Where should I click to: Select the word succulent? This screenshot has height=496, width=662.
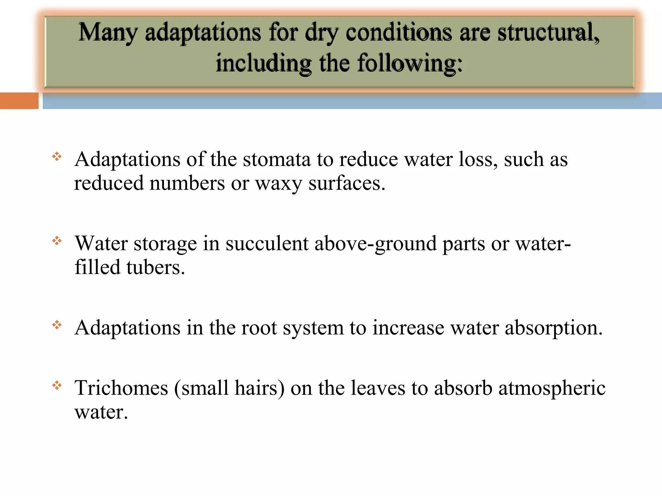tap(267, 243)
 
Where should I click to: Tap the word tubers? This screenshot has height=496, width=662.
tap(155, 268)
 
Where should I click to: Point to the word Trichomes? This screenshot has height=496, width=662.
tap(122, 388)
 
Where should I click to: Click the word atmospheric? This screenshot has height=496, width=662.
tap(552, 388)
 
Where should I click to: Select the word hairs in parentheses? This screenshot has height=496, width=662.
tap(260, 388)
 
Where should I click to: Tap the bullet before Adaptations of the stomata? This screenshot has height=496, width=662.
tap(57, 157)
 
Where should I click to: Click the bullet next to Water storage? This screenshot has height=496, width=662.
tap(57, 241)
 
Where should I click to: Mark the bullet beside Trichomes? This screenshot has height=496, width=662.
tap(57, 385)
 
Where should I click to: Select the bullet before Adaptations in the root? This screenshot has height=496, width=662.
tap(57, 325)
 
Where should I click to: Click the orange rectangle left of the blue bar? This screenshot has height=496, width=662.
tap(19, 101)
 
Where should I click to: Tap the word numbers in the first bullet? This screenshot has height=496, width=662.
tap(187, 183)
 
